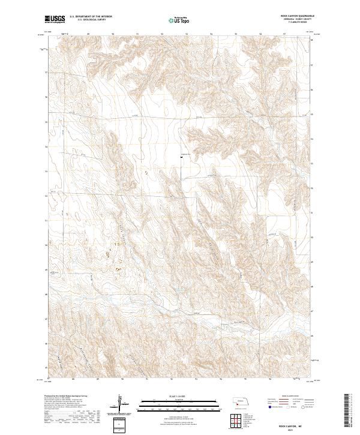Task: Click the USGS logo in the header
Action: pos(55,19)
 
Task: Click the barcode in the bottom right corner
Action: pos(347,412)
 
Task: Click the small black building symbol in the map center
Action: pos(181,158)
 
